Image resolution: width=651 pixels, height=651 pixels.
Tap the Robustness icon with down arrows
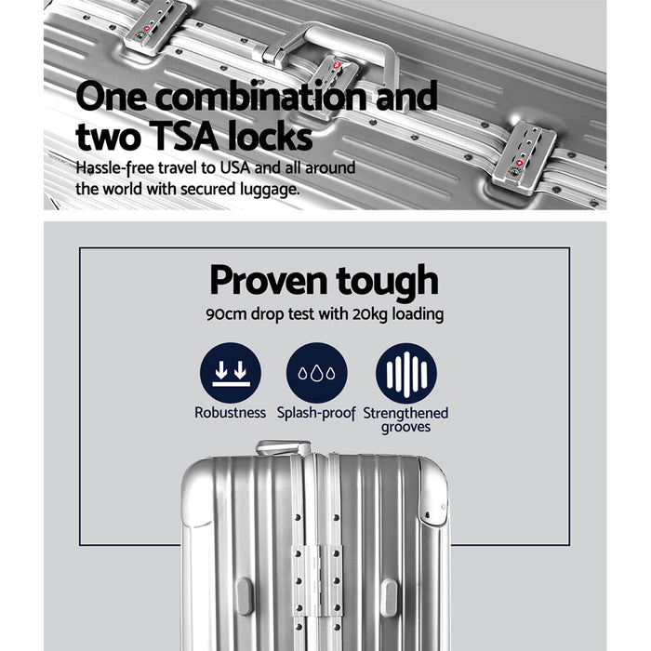230,373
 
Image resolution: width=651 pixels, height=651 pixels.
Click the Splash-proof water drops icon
317,373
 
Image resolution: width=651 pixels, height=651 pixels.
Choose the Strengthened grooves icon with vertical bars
405,373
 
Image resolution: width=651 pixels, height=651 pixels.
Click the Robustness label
230,413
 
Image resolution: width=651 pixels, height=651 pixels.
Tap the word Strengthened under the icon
405,413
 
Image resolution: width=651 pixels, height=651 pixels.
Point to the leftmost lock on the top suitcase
155,25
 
